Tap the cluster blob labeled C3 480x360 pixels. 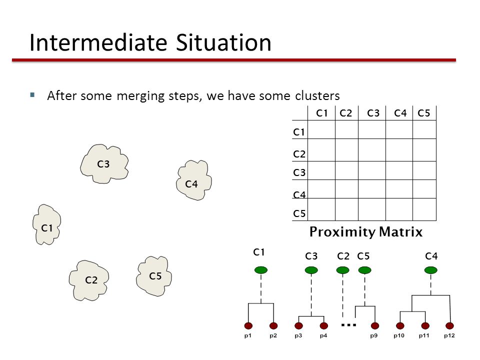pos(104,164)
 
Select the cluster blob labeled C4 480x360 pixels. pos(194,180)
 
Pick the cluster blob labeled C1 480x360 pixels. pos(46,224)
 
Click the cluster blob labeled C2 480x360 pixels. pos(89,280)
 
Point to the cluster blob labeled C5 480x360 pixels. pos(153,276)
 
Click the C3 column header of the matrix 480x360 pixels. pos(373,113)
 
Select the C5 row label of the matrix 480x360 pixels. pos(299,213)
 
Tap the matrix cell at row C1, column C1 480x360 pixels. pos(321,129)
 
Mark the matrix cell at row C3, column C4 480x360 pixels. pos(399,170)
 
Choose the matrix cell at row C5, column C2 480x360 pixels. pos(347,209)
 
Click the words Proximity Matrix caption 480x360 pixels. pos(366,231)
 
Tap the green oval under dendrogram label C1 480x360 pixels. pos(261,270)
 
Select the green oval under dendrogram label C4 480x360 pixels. pos(430,270)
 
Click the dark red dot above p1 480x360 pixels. pos(248,325)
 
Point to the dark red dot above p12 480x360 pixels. pos(449,325)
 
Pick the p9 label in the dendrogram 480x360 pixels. pos(374,336)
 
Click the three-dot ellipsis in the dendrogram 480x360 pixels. pos(348,325)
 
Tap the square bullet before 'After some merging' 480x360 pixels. pos(32,95)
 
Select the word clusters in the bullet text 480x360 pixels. pos(317,96)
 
